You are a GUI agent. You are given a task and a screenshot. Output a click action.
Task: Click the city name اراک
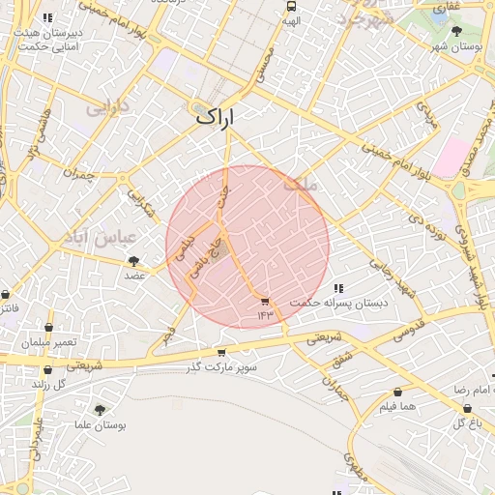[x=216, y=116]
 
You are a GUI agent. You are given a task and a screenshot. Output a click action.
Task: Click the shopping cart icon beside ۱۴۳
[x=266, y=302]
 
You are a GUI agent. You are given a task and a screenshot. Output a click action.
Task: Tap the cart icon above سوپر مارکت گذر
[x=222, y=353]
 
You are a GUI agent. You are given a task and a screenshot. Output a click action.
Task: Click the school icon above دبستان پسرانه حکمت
[x=338, y=288]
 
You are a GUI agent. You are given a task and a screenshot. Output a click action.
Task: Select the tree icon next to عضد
[x=133, y=260]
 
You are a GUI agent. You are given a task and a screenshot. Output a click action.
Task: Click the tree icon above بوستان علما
[x=100, y=410]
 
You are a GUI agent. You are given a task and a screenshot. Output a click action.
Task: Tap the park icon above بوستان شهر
[x=456, y=30]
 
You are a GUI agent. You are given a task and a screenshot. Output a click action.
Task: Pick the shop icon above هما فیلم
[x=397, y=392]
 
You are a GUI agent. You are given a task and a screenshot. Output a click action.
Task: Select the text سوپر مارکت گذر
[x=223, y=367]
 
